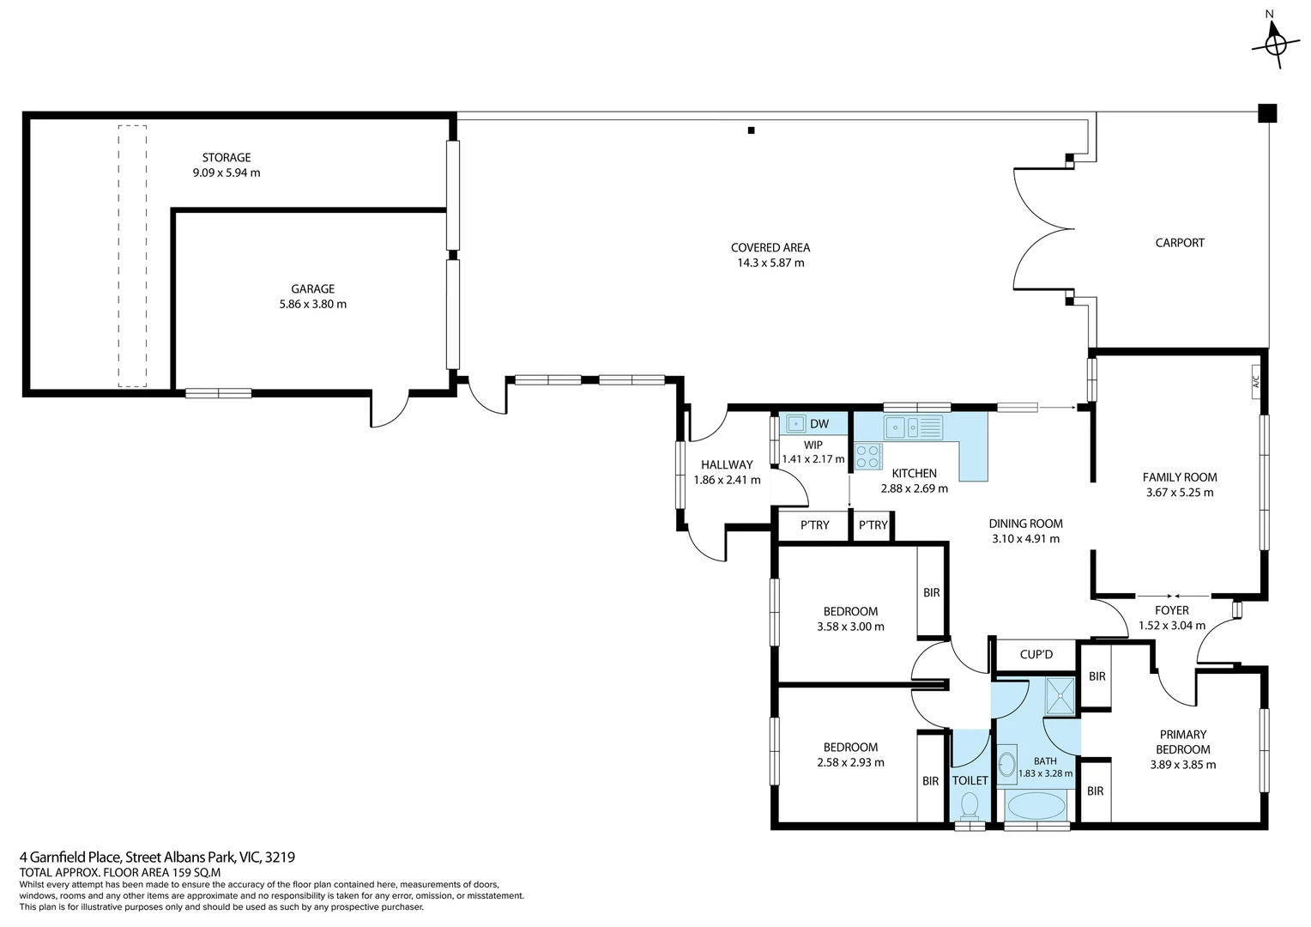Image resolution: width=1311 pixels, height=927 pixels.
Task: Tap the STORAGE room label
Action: point(227,157)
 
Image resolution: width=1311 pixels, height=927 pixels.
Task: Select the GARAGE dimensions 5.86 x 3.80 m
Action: point(312,304)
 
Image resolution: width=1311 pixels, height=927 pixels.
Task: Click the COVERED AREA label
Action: point(770,247)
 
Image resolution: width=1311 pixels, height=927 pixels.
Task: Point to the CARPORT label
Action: point(1179,243)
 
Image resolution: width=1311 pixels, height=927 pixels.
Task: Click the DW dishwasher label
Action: point(819,423)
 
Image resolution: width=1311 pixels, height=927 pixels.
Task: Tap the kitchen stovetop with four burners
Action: point(868,456)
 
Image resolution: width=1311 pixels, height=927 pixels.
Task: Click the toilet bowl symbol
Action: point(970,804)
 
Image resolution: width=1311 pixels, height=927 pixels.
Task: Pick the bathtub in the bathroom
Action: point(1036,806)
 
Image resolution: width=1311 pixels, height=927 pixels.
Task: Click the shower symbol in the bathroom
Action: point(1060,695)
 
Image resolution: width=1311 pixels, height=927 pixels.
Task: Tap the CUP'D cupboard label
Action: point(1036,654)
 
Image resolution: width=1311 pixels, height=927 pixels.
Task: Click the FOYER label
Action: point(1171,610)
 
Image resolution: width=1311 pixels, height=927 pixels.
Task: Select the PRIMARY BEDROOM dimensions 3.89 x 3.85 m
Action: point(1182,764)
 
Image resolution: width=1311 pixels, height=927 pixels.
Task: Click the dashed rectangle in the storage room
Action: point(132,256)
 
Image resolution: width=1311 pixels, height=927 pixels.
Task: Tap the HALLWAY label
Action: point(726,464)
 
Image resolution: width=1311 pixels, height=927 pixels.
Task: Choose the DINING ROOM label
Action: point(1025,524)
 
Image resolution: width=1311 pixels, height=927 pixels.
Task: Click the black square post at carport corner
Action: point(1266,112)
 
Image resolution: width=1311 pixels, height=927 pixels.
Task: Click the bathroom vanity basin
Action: point(1006,763)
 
